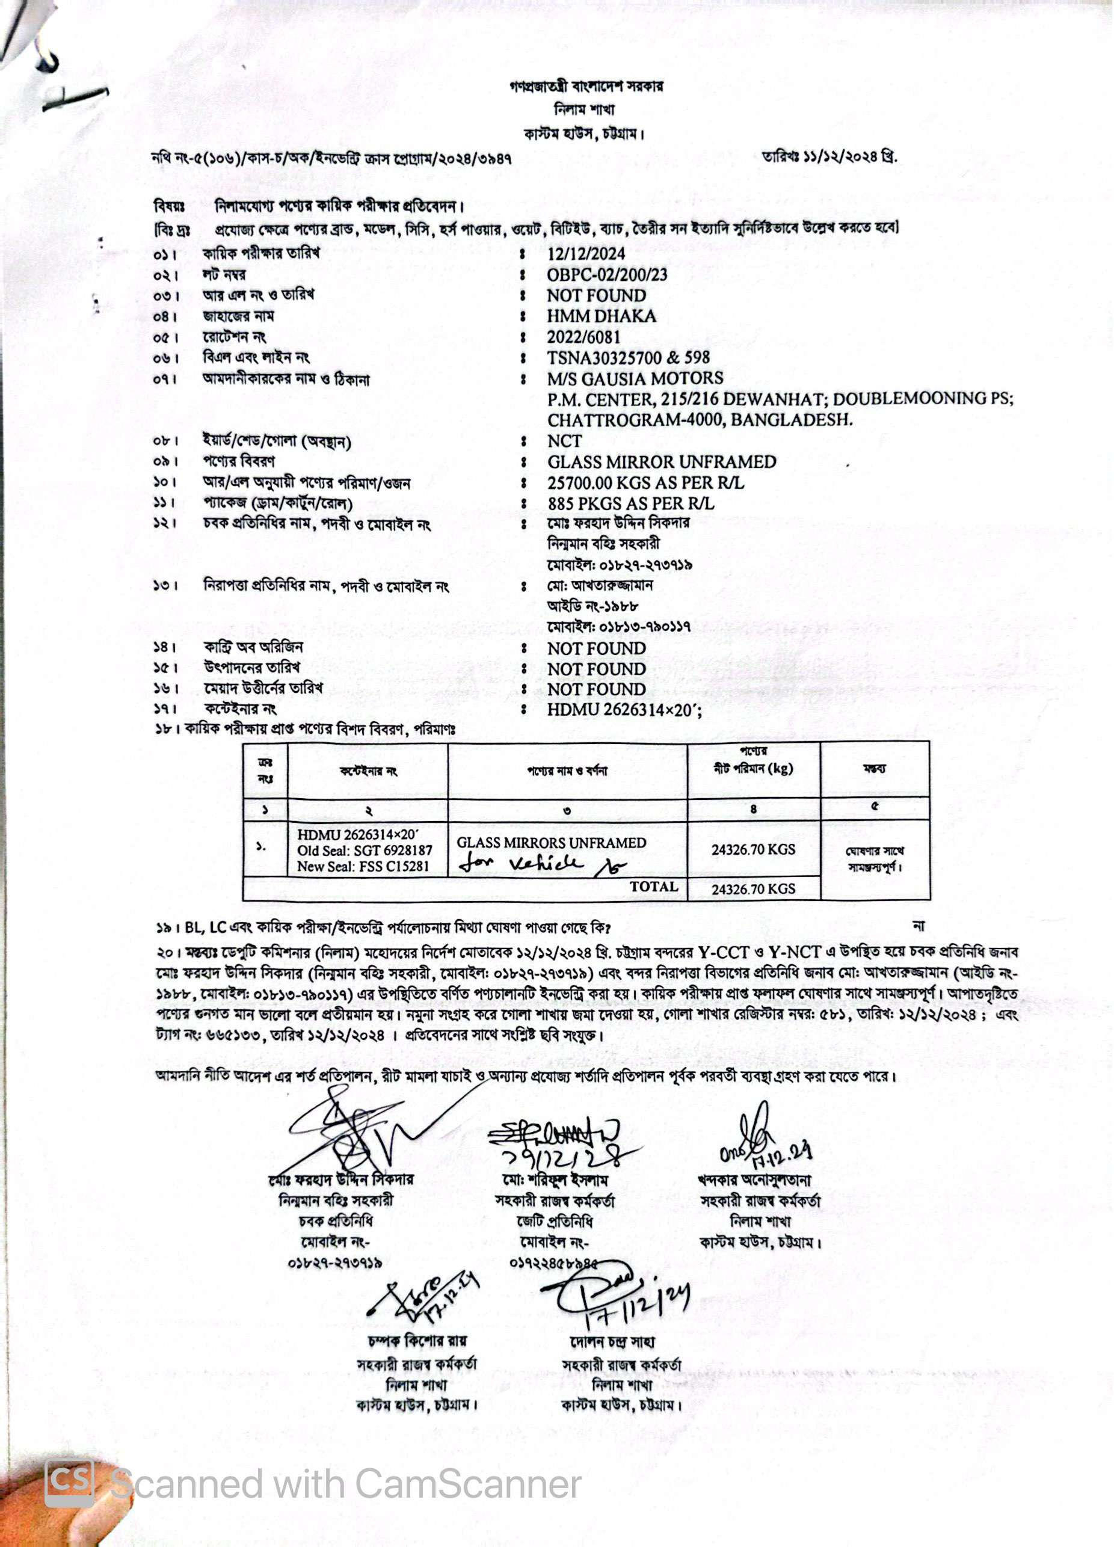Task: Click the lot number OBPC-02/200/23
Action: click(606, 275)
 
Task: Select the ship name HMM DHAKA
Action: click(601, 316)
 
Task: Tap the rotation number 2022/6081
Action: click(583, 337)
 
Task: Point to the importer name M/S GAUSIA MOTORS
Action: click(635, 378)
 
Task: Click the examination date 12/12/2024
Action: click(586, 254)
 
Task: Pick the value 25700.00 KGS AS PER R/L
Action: click(645, 483)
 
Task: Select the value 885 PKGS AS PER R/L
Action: click(631, 503)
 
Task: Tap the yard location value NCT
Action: click(564, 441)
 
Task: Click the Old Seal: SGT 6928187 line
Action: click(365, 850)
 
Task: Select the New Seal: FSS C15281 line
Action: click(363, 866)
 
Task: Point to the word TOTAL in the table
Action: click(653, 887)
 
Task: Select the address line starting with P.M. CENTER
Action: click(780, 399)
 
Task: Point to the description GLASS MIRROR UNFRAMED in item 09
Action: click(662, 462)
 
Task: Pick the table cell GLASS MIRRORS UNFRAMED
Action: click(551, 843)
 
